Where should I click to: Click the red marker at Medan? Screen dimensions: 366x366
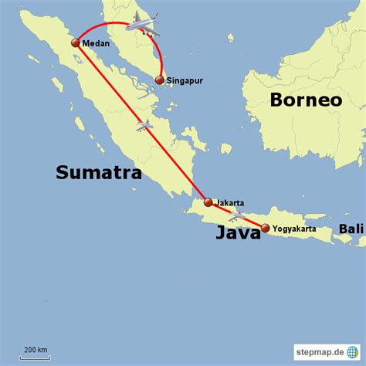[x=76, y=43]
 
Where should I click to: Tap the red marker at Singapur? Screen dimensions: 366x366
[x=159, y=80]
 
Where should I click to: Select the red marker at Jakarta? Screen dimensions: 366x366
[x=208, y=202]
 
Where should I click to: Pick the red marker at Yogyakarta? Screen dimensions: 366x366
[x=266, y=228]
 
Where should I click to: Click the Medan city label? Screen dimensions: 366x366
[x=97, y=44]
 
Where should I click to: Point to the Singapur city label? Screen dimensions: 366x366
[x=185, y=80]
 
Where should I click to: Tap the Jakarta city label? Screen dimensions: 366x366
[x=229, y=202]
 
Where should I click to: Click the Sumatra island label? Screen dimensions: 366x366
[x=98, y=172]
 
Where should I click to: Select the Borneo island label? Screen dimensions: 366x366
[x=306, y=100]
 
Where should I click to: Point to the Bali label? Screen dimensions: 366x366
[x=351, y=229]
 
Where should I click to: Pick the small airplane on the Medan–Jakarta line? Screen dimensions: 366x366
[x=143, y=124]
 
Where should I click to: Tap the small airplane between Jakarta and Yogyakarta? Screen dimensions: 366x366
[x=236, y=215]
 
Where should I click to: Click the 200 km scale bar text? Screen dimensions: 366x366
[x=34, y=349]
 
